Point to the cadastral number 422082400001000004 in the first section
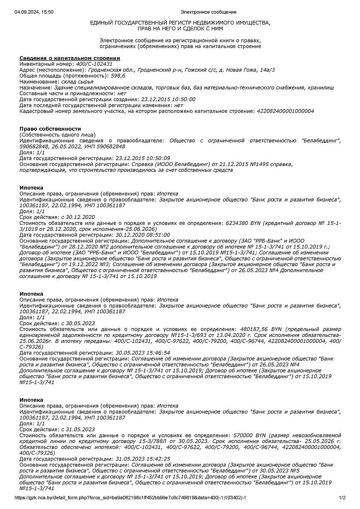pos(285,111)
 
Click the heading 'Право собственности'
pos(50,129)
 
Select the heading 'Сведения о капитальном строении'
pos(70,58)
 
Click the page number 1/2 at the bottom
pos(342,498)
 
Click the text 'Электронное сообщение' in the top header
pos(208,12)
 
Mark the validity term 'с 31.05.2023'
pos(78,429)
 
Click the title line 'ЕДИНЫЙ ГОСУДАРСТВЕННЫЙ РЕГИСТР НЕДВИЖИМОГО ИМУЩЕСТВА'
pos(180,22)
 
